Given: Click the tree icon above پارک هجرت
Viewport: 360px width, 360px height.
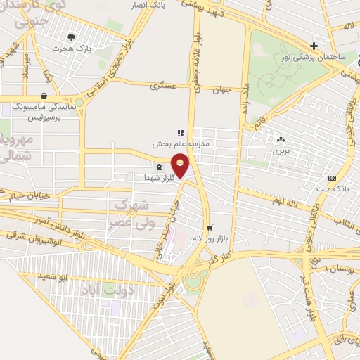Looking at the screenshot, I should point(70,37).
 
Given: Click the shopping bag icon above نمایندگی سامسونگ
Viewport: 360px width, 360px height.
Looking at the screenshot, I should point(44,96).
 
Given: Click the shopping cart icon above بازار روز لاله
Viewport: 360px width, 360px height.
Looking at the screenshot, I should point(210,227).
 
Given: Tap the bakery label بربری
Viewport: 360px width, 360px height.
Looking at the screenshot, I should point(281,150).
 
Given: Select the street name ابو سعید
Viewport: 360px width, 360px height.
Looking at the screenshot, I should point(73,277).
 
